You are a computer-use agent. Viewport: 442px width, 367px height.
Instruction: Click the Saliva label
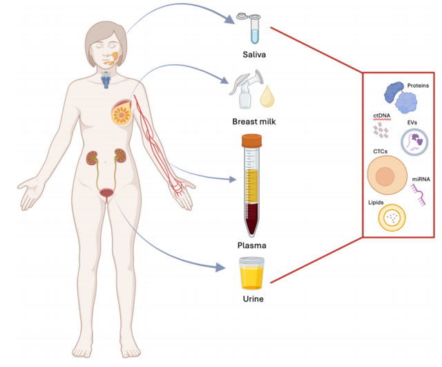[254, 54]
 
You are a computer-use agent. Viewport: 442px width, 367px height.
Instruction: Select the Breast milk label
[254, 122]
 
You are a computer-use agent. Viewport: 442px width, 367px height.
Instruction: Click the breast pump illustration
[245, 89]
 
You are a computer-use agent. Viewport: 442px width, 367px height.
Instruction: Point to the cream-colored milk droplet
[267, 97]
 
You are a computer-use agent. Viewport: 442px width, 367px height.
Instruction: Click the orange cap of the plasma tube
[251, 140]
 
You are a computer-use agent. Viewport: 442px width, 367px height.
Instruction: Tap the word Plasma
[251, 245]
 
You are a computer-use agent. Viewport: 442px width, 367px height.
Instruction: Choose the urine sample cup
[251, 274]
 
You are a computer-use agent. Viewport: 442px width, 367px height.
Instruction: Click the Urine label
[253, 299]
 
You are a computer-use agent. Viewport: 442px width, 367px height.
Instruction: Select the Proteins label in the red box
[418, 86]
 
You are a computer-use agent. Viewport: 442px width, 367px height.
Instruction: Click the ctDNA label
[382, 115]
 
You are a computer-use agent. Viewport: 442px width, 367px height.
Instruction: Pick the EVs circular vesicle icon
[414, 142]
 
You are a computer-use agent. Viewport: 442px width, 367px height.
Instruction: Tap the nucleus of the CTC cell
[385, 177]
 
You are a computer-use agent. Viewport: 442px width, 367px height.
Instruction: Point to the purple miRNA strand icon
[419, 195]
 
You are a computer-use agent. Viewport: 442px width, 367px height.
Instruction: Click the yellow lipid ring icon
[392, 218]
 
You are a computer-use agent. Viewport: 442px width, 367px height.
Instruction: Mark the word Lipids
[376, 203]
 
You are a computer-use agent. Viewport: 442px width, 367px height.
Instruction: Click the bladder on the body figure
[106, 193]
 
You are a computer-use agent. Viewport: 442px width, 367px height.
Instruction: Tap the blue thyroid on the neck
[106, 80]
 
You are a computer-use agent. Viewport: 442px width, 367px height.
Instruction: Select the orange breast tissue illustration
[122, 113]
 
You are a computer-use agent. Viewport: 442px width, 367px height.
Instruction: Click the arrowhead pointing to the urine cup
[220, 267]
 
